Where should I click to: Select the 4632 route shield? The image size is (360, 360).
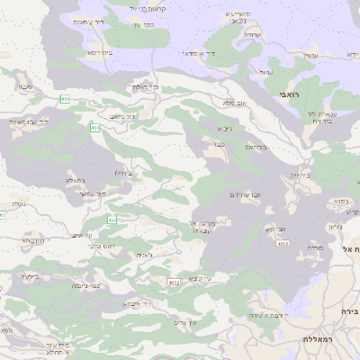point(174,282)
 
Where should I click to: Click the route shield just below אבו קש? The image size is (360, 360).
point(283,243)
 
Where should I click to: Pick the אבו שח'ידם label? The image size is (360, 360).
point(245,194)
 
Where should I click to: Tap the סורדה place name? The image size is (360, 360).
point(314,247)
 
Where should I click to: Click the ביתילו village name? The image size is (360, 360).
point(123,172)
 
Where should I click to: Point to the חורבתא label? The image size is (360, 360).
point(31,240)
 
